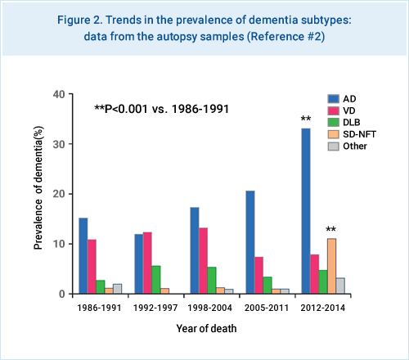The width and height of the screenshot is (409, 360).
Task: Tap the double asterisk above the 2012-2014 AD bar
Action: tap(306, 119)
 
